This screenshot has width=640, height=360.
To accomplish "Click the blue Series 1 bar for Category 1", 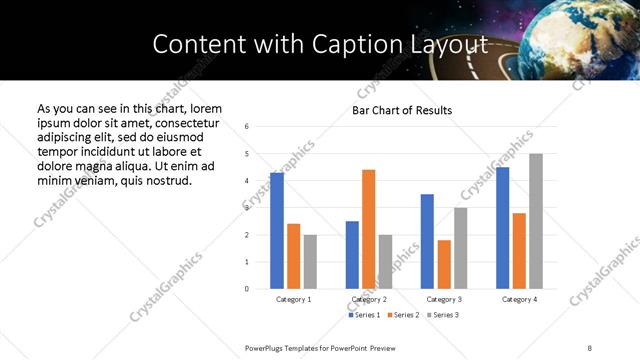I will click(x=277, y=231).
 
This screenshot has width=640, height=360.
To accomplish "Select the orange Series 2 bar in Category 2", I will click(x=369, y=229).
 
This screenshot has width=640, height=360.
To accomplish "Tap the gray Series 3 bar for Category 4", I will click(x=536, y=221).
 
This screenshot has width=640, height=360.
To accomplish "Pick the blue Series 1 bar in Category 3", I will click(x=427, y=241).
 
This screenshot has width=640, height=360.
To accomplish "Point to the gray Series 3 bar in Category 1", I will click(x=310, y=262).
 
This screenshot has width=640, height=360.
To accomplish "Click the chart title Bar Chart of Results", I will click(x=402, y=110).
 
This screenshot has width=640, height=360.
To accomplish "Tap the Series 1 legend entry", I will click(x=364, y=315).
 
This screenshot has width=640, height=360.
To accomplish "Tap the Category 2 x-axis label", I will click(x=369, y=299).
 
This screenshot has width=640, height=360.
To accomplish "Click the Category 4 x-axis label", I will click(x=519, y=299).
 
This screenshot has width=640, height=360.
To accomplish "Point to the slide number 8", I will click(x=590, y=347).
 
